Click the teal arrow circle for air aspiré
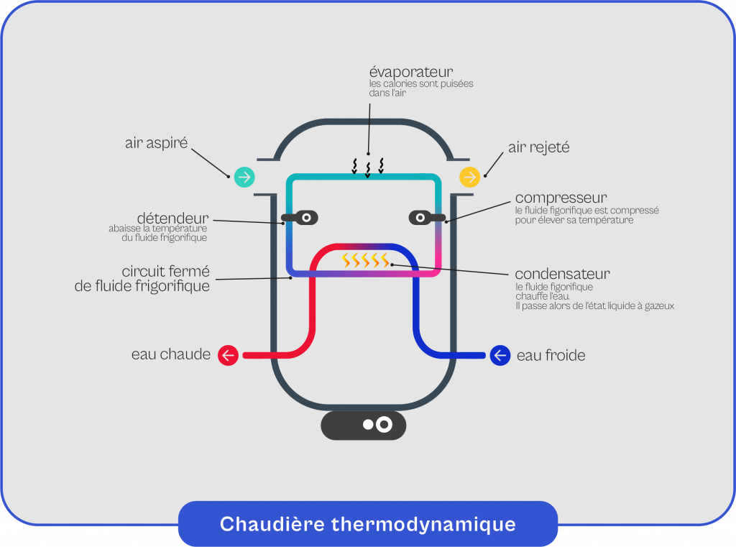click(244, 176)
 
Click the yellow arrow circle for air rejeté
click(469, 176)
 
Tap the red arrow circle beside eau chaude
click(228, 355)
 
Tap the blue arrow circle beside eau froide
click(500, 355)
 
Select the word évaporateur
click(410, 72)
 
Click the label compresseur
click(561, 198)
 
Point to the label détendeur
click(172, 217)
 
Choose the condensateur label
click(562, 274)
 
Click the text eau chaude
click(171, 354)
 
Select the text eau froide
click(551, 355)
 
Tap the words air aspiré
click(156, 143)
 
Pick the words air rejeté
click(538, 147)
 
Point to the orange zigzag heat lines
click(366, 260)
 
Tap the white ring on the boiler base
click(384, 425)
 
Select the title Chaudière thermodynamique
click(367, 523)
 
